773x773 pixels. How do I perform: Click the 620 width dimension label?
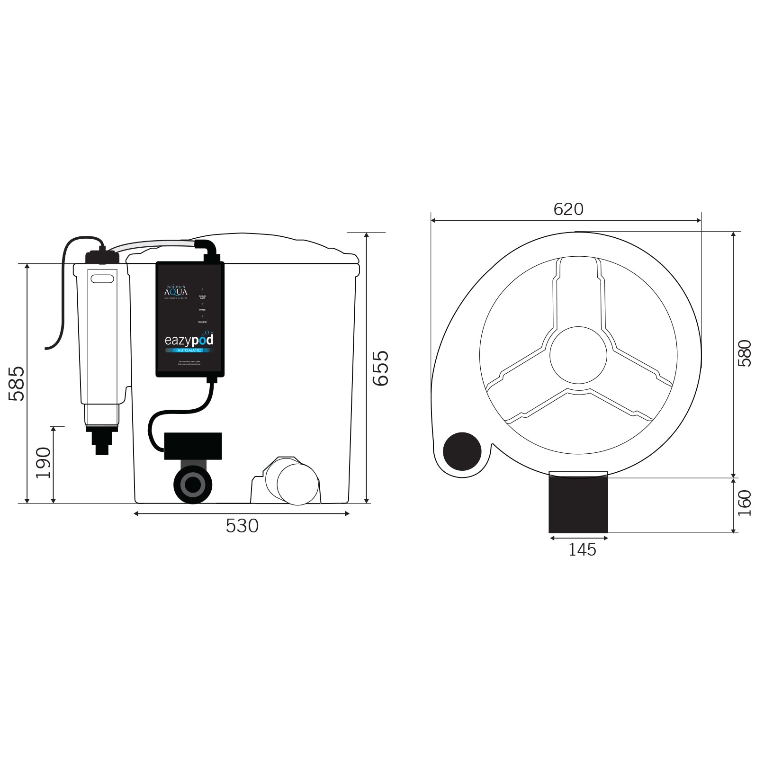[x=568, y=209]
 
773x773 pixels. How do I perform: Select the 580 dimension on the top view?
[x=745, y=353]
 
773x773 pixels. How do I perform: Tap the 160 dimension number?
[x=745, y=503]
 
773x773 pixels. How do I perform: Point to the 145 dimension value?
[x=582, y=550]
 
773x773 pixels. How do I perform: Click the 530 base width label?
[x=242, y=526]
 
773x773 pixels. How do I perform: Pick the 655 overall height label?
[x=380, y=368]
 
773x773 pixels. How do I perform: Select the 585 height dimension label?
[x=18, y=383]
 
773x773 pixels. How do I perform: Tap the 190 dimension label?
[x=44, y=463]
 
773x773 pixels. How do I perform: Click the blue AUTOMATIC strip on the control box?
[x=189, y=350]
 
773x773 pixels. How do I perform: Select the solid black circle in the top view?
[x=462, y=451]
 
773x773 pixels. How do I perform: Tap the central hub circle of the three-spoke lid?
[x=578, y=354]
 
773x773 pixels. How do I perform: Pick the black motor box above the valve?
[x=193, y=446]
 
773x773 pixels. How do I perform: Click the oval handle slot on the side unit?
[x=103, y=279]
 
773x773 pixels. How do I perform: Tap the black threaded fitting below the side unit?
[x=101, y=440]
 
